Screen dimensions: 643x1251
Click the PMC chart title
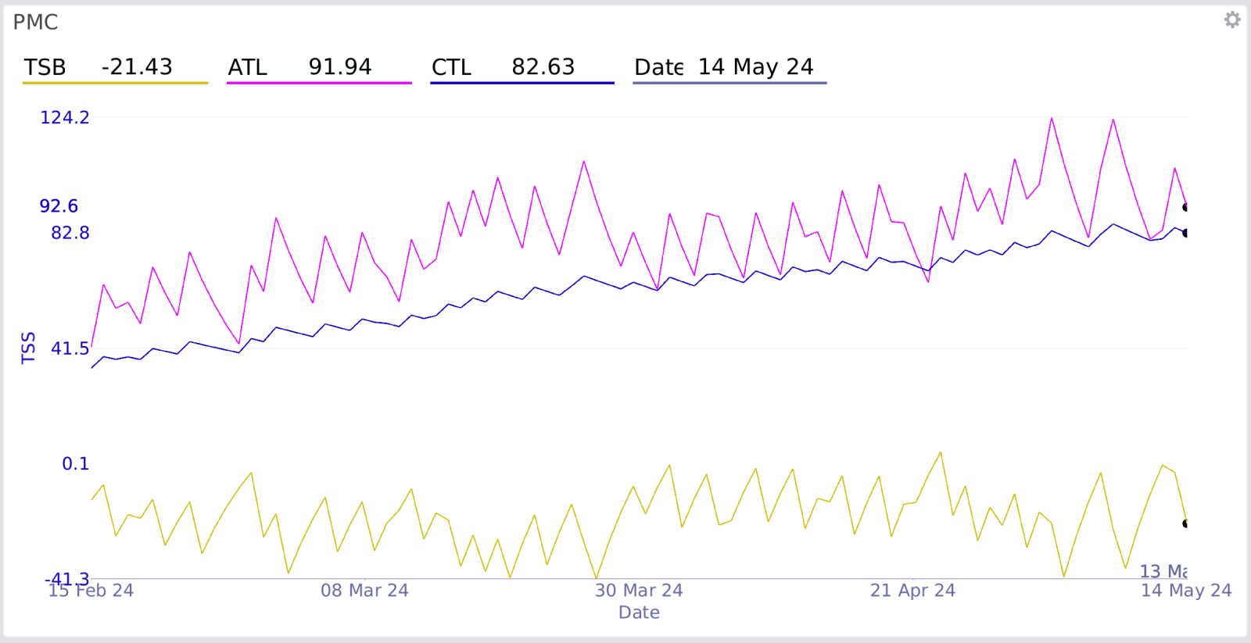pos(35,22)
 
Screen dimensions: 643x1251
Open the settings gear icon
pos(1232,20)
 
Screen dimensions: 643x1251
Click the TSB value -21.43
pos(137,67)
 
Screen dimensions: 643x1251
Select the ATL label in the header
pos(247,68)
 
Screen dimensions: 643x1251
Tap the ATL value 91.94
pos(340,67)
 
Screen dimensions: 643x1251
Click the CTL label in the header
pos(451,68)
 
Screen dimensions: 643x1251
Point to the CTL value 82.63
pos(543,67)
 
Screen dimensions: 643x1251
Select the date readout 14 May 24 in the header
pos(755,67)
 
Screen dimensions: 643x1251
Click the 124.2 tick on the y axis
pos(65,118)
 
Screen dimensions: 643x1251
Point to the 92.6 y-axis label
pos(59,206)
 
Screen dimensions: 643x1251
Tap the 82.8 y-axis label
pos(70,233)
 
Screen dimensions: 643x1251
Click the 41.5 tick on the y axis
pos(70,348)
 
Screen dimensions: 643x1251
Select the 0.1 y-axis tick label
pos(76,464)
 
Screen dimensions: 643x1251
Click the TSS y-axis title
pos(29,348)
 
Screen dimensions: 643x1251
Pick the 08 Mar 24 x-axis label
pos(364,591)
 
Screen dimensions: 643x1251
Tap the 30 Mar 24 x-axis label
pos(639,591)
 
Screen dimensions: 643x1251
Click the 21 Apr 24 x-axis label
pos(912,591)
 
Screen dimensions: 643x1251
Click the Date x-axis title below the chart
pos(639,613)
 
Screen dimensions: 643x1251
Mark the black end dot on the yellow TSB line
pos(1186,523)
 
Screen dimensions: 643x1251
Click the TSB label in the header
pos(45,68)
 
